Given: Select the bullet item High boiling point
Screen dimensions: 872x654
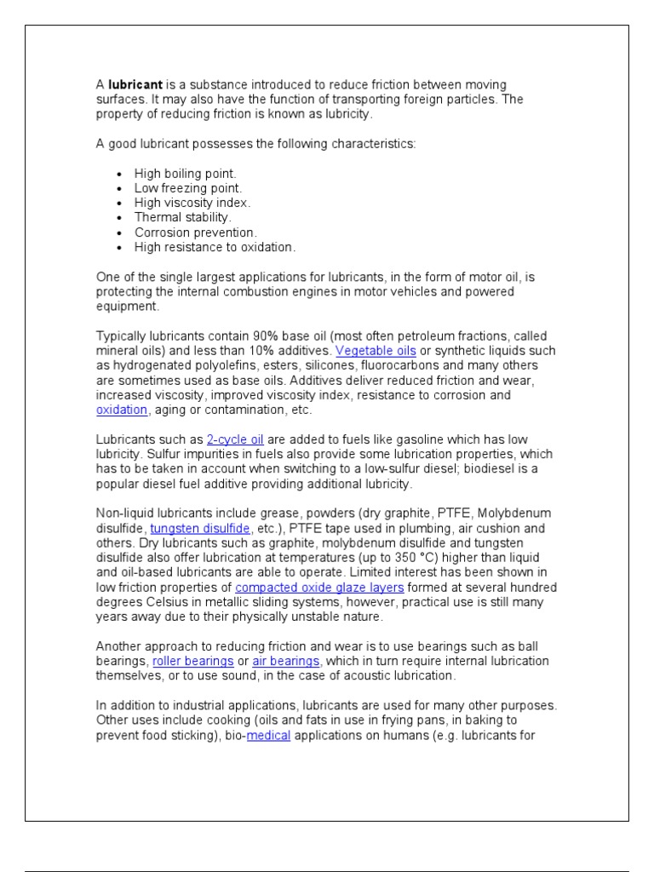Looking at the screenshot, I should click(x=185, y=174).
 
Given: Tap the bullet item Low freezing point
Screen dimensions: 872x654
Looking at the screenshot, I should click(x=188, y=188).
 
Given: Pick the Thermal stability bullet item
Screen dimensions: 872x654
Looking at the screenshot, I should click(x=183, y=218).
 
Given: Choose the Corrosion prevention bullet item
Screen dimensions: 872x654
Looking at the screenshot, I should click(x=195, y=232).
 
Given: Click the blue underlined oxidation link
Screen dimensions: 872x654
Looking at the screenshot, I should click(x=122, y=410).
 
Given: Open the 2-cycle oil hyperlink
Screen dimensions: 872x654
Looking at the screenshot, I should click(x=235, y=440).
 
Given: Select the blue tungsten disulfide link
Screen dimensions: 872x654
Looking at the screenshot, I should click(x=201, y=529).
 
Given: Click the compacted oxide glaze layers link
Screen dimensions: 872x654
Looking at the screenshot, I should click(x=319, y=588).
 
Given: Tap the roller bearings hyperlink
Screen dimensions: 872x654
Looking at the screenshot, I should click(x=192, y=662).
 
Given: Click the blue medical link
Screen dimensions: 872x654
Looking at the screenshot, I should click(x=269, y=736).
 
